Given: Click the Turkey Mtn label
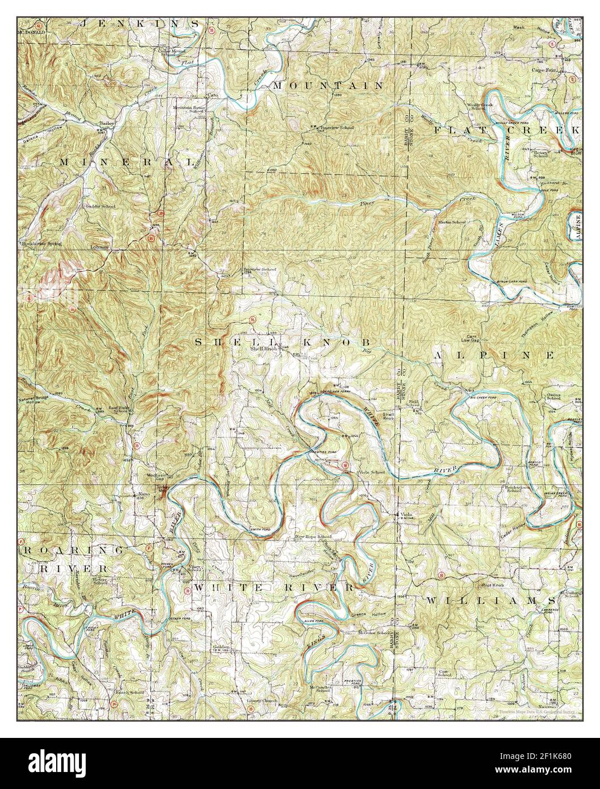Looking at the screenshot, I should [163, 490].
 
